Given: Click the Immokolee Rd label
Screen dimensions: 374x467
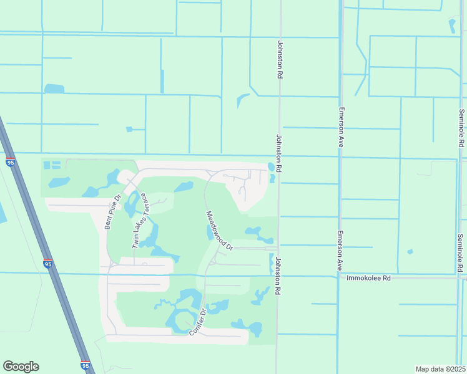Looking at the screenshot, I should (369, 278).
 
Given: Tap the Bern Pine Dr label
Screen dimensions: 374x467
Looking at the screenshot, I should (112, 212).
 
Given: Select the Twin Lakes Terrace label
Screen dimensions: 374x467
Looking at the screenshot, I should (139, 221).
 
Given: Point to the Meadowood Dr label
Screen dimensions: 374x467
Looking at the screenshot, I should (220, 231).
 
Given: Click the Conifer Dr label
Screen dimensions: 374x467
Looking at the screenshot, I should (198, 321).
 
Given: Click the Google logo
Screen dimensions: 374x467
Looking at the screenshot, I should (21, 367).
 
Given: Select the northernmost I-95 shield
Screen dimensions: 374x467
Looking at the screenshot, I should (11, 162).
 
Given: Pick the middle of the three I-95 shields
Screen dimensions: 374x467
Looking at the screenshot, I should (48, 264).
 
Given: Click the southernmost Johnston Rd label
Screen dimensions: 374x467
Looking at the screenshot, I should (278, 277).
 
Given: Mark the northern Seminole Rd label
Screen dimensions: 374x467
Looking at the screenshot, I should (461, 128).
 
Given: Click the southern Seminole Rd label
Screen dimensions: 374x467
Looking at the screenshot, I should (461, 252).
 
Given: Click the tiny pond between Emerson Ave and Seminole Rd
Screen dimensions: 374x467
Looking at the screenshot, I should (410, 252).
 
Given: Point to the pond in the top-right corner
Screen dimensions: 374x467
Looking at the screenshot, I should (452, 26).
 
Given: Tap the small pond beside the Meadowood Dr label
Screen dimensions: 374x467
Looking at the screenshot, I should (210, 232).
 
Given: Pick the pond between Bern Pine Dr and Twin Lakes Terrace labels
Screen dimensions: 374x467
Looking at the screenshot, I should (131, 202).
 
